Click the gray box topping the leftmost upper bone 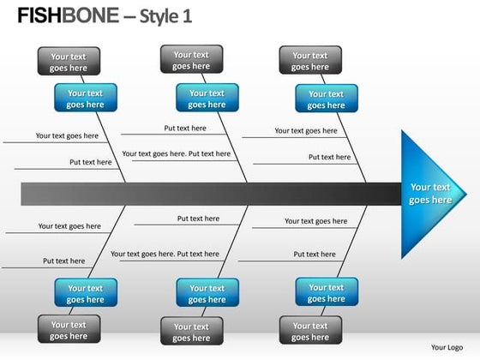click(69, 62)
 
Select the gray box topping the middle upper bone click(191, 59)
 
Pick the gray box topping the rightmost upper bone click(309, 61)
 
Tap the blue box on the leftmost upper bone click(85, 99)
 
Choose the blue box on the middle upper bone click(207, 99)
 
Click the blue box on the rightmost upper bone click(326, 99)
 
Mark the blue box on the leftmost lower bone click(86, 294)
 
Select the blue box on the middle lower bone click(207, 294)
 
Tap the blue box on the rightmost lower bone click(326, 293)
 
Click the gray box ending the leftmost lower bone click(69, 330)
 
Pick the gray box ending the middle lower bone click(191, 332)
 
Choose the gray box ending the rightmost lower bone click(309, 331)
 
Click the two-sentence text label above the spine click(177, 154)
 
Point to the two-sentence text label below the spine click(165, 254)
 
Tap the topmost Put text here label click(185, 129)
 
